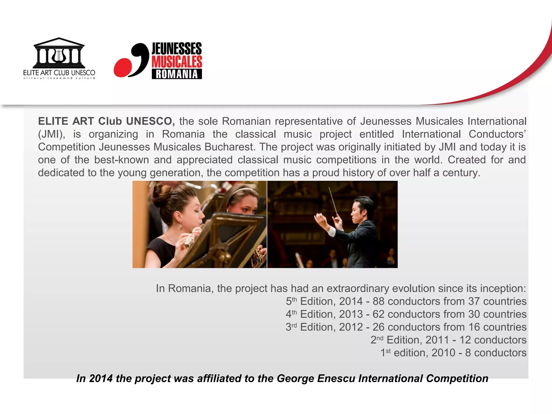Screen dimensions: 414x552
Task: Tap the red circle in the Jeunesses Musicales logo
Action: click(123, 67)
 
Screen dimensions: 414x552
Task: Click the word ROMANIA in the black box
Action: click(177, 74)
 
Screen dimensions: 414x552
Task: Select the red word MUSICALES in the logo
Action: click(177, 61)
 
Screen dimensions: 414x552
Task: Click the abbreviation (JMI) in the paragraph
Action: click(51, 134)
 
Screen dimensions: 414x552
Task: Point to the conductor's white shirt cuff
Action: click(331, 231)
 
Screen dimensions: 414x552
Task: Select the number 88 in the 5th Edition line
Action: click(379, 301)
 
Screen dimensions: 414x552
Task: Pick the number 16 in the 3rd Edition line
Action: click(474, 327)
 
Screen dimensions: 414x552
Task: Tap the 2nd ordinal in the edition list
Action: click(377, 340)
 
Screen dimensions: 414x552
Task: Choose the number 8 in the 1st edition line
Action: click(468, 353)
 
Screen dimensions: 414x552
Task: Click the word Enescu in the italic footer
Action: click(336, 378)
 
